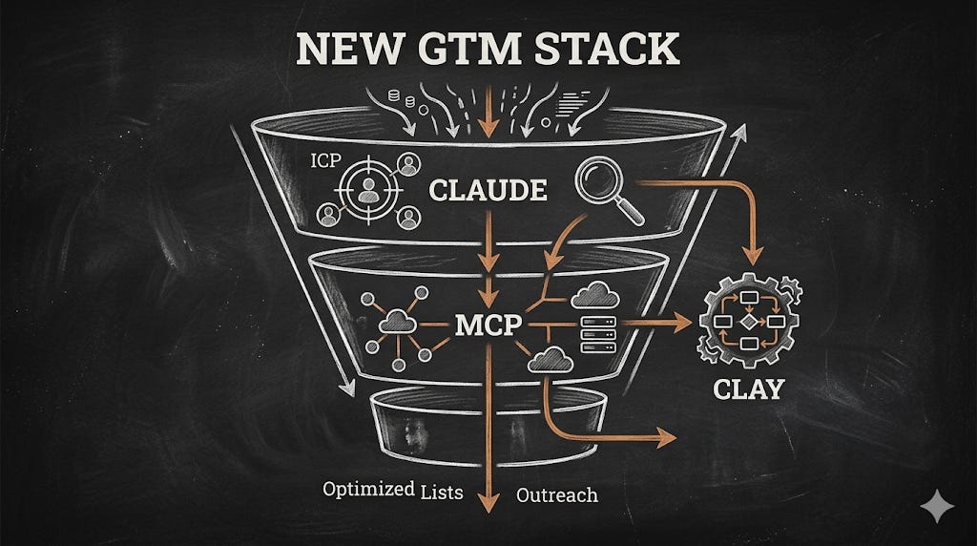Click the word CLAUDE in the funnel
click(488, 191)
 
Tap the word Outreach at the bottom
click(557, 494)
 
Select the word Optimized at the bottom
click(369, 491)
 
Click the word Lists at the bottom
click(443, 493)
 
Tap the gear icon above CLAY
click(749, 322)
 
